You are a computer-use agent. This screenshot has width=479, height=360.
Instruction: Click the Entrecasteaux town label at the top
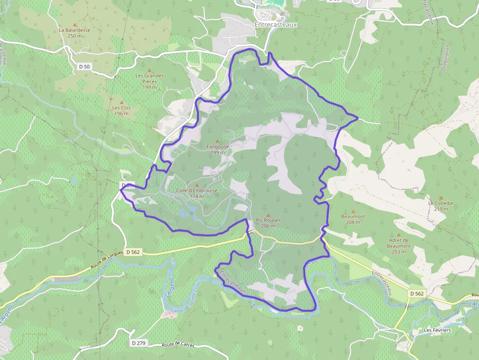point(276,23)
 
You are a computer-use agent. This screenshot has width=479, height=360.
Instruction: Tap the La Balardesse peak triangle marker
point(75,24)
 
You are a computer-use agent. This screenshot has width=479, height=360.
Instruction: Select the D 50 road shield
point(84,66)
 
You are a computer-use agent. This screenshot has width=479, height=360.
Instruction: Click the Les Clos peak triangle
point(122,102)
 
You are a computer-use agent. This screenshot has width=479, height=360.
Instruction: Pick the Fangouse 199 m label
point(218,149)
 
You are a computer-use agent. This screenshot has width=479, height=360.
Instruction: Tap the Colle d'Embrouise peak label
point(197,193)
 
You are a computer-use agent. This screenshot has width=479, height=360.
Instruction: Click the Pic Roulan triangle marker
point(268,215)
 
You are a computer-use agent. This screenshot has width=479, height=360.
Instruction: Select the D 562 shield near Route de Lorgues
point(132,252)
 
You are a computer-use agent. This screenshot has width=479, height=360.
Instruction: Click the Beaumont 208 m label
point(353,219)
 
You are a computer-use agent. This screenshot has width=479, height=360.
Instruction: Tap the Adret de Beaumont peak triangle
point(398,235)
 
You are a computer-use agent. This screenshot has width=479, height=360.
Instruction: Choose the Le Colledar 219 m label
point(441,206)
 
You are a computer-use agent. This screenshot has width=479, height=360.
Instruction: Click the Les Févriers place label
point(437,330)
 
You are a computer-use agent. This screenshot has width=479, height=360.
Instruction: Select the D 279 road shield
point(139,343)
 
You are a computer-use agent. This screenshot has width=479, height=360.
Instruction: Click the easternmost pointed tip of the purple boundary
point(358,118)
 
